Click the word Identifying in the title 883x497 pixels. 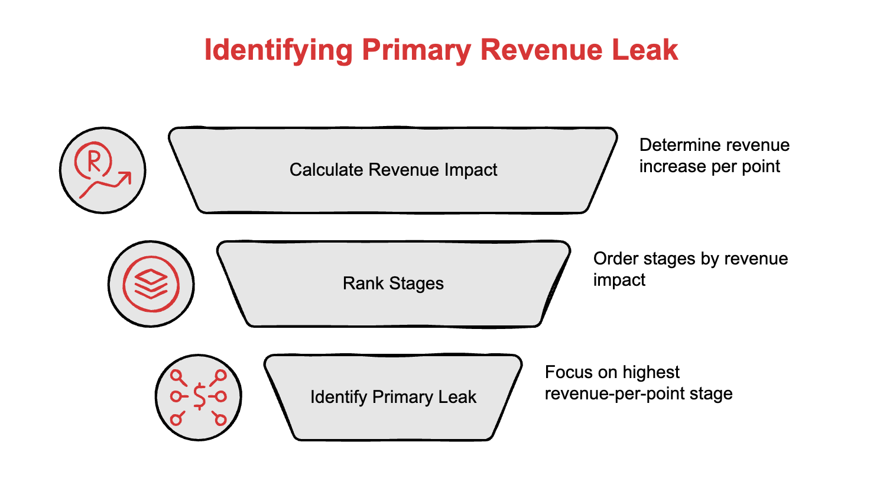click(278, 50)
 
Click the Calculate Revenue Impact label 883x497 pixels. click(393, 170)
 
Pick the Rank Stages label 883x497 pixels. click(393, 283)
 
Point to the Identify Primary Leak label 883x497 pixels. click(393, 397)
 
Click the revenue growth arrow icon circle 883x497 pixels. click(103, 170)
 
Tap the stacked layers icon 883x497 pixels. click(151, 284)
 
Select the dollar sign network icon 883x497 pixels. click(199, 398)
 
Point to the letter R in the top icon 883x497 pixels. click(93, 160)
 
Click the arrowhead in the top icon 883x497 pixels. click(125, 177)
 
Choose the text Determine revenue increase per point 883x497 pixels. click(714, 156)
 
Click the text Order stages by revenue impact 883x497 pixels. click(690, 269)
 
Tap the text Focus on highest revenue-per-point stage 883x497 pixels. click(638, 383)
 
